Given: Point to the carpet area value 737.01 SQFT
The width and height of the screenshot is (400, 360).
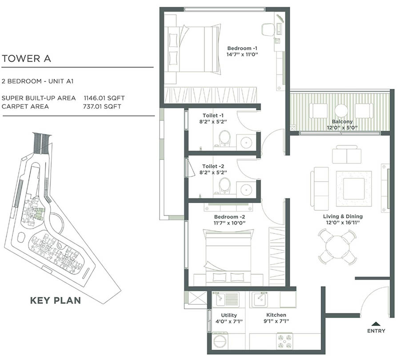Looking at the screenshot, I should tap(102, 107).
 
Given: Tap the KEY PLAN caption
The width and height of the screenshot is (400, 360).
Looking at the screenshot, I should tap(56, 300).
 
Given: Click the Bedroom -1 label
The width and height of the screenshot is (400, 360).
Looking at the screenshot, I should tap(242, 48).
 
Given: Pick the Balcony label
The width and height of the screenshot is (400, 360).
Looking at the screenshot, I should tap(342, 121).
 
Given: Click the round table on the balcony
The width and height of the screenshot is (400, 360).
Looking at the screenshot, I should tap(341, 110).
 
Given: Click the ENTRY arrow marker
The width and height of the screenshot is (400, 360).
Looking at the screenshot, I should tap(376, 324).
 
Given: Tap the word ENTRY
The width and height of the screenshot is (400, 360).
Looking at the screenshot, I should tap(376, 331).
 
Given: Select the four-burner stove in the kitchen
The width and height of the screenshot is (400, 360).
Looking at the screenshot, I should tap(284, 342).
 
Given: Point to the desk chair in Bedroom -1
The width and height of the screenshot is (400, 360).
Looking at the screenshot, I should tap(268, 29).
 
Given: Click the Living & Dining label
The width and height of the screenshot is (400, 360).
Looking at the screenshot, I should tap(343, 217).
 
